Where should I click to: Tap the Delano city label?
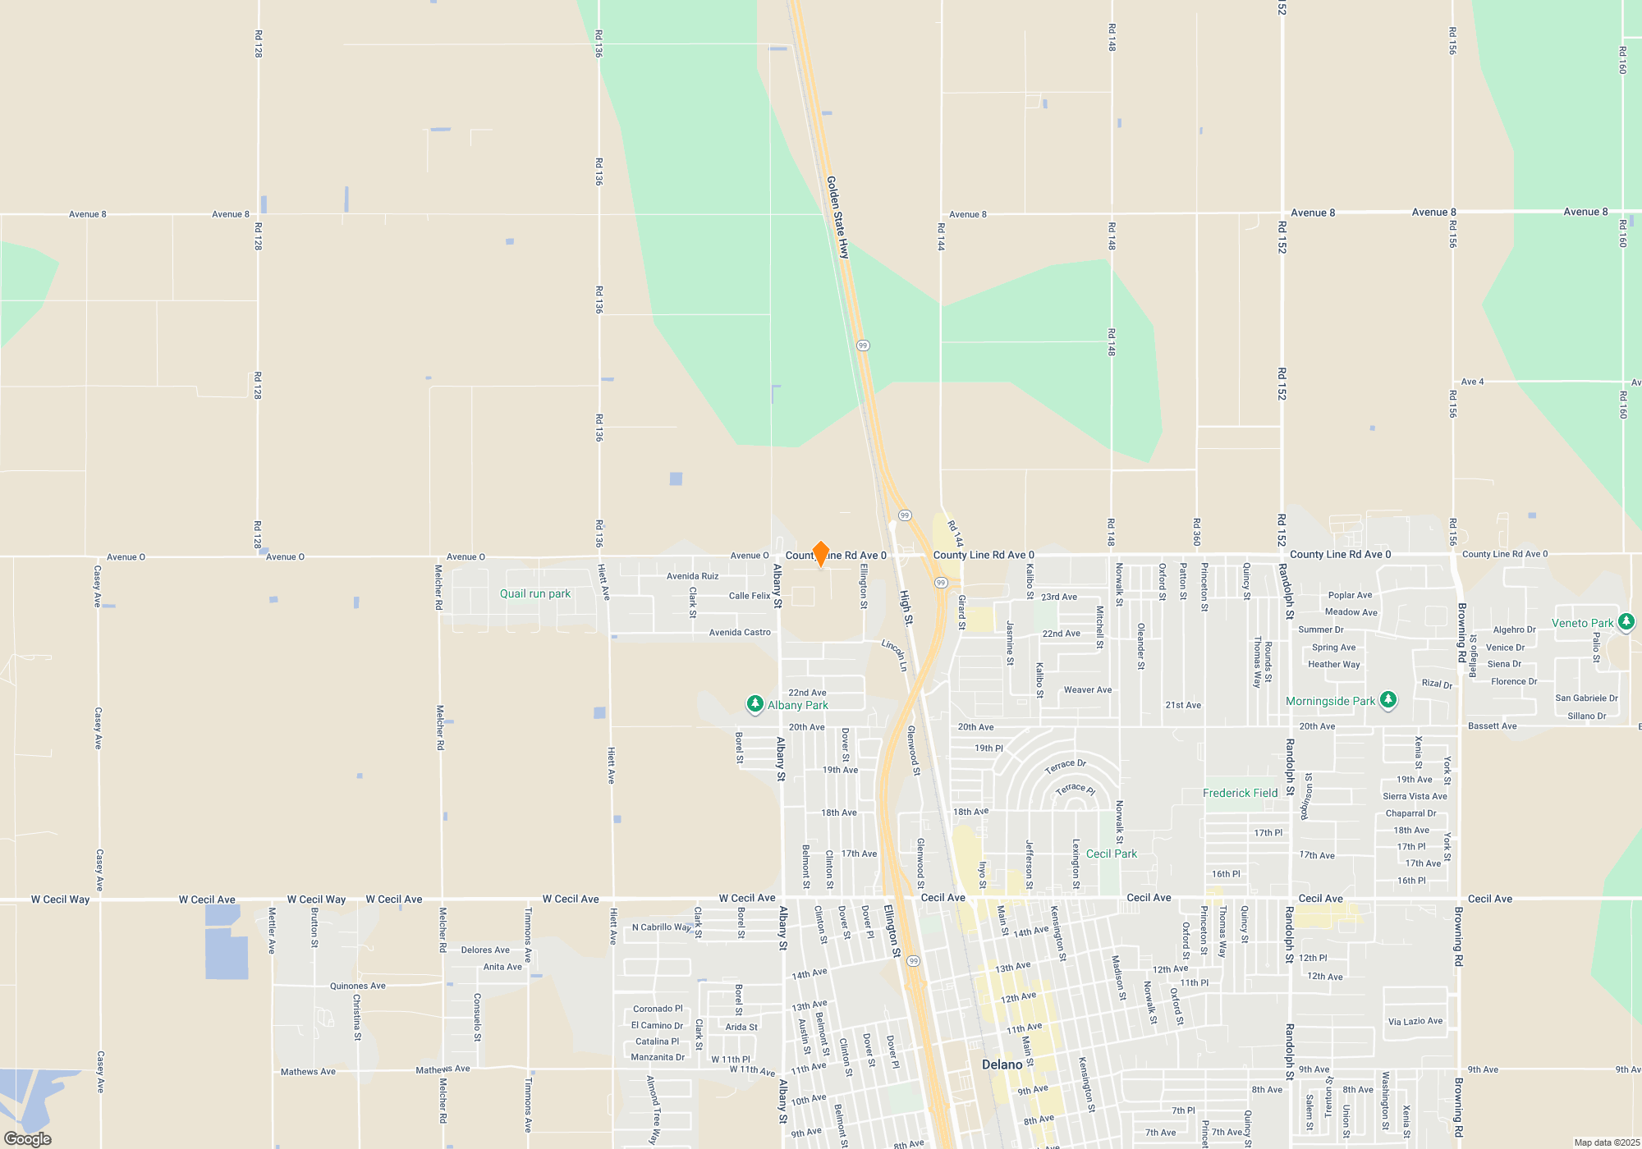click(1002, 1064)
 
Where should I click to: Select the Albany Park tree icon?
click(754, 704)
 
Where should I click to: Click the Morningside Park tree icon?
click(1388, 700)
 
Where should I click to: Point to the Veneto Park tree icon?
click(1626, 622)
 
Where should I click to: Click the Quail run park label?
click(535, 593)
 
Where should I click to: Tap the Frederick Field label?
click(1240, 793)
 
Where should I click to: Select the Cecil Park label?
click(1112, 854)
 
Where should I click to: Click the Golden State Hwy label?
click(837, 217)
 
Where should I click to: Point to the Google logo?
click(28, 1139)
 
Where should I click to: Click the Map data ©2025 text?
click(1607, 1142)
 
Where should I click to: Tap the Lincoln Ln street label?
click(894, 655)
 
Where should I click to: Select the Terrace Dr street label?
click(1065, 766)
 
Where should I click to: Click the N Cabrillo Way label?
click(662, 927)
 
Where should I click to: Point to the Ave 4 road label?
click(1472, 382)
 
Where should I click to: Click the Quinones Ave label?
click(357, 986)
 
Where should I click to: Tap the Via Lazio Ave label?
click(1415, 1021)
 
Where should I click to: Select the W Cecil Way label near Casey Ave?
click(60, 900)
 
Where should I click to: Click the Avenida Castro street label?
click(740, 632)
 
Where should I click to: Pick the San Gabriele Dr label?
click(1586, 698)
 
